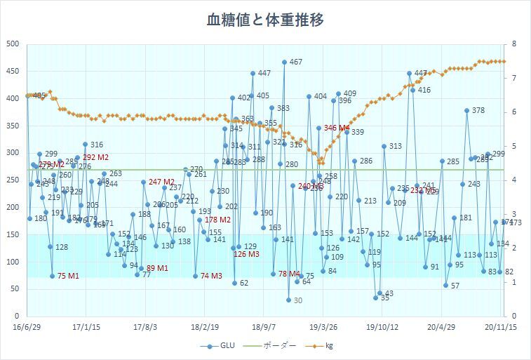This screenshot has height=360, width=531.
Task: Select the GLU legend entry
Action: click(218, 346)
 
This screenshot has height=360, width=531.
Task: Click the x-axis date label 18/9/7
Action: click(264, 326)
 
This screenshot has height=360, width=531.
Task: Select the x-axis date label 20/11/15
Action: click(501, 326)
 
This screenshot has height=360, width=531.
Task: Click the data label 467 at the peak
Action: click(295, 62)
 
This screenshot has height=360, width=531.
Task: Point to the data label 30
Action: click(297, 300)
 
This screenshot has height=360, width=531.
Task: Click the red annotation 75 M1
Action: click(68, 276)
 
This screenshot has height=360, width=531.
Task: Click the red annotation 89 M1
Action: click(157, 268)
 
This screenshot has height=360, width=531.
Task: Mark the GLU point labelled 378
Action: click(466, 110)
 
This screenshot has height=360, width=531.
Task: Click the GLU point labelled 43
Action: click(379, 293)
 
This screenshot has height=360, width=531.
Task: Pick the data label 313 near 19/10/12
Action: click(395, 146)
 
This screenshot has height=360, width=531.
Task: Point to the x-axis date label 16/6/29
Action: click(27, 326)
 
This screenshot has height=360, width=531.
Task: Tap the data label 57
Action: click(455, 286)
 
